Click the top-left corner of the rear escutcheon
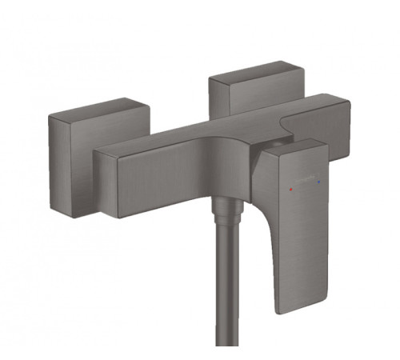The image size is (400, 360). click(210, 77)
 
